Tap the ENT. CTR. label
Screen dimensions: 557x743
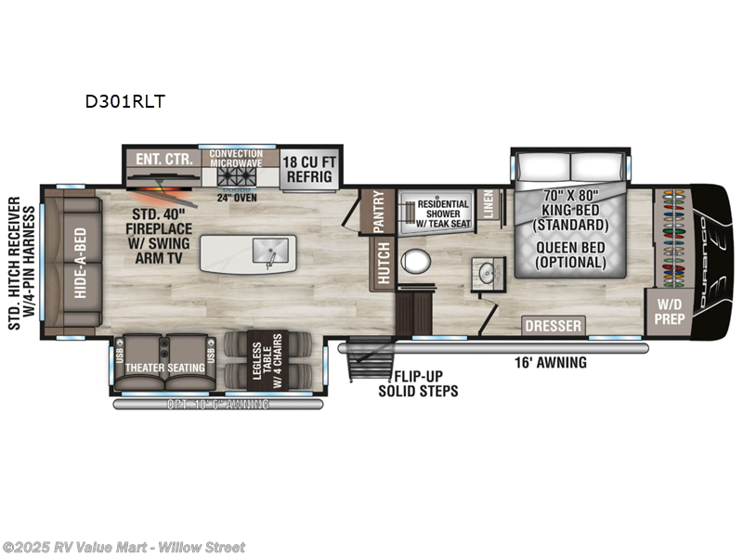[163, 159]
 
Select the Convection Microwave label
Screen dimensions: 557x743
[236, 159]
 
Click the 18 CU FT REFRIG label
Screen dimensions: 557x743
[309, 165]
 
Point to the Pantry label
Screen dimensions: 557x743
[378, 212]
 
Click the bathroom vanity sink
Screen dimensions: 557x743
[485, 271]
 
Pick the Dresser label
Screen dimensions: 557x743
[553, 326]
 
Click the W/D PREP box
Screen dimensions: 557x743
[671, 310]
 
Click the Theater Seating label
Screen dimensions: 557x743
[165, 368]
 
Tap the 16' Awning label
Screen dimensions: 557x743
[552, 363]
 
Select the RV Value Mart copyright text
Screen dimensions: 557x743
[124, 547]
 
